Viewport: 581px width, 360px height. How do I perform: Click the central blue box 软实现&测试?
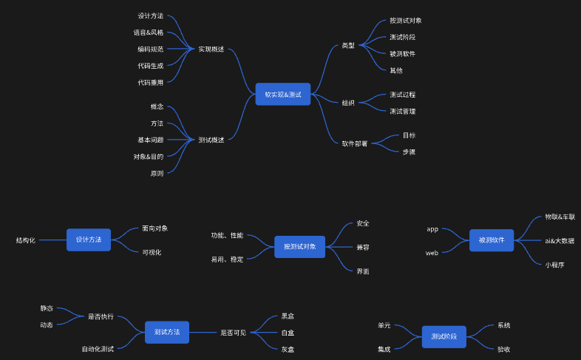(x=282, y=95)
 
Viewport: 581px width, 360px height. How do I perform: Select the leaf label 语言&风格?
(x=149, y=33)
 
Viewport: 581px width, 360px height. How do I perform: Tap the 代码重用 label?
(x=150, y=82)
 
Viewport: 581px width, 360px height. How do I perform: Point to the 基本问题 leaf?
(x=150, y=140)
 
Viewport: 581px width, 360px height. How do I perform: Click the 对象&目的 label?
(x=149, y=156)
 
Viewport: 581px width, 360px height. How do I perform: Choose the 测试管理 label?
(x=402, y=111)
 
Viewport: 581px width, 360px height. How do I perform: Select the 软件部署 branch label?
(x=355, y=143)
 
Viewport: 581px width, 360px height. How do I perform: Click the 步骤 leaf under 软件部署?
(x=409, y=152)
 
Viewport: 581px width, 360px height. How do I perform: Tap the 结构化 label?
(x=26, y=240)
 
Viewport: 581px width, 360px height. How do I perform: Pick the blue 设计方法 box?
(x=89, y=240)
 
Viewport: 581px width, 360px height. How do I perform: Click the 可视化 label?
(x=152, y=252)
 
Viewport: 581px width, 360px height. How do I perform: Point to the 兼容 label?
(x=362, y=247)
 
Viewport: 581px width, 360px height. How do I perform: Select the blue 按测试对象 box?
(x=299, y=247)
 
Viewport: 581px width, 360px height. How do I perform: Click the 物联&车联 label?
(x=560, y=217)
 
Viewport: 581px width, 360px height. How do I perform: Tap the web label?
(x=432, y=253)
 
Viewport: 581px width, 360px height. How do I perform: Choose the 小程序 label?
(x=554, y=264)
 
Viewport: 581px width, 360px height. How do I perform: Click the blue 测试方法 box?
(x=167, y=333)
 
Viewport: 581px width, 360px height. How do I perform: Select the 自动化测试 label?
(x=98, y=348)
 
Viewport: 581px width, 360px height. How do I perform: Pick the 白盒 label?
(x=288, y=333)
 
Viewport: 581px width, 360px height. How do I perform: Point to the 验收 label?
(x=503, y=349)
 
